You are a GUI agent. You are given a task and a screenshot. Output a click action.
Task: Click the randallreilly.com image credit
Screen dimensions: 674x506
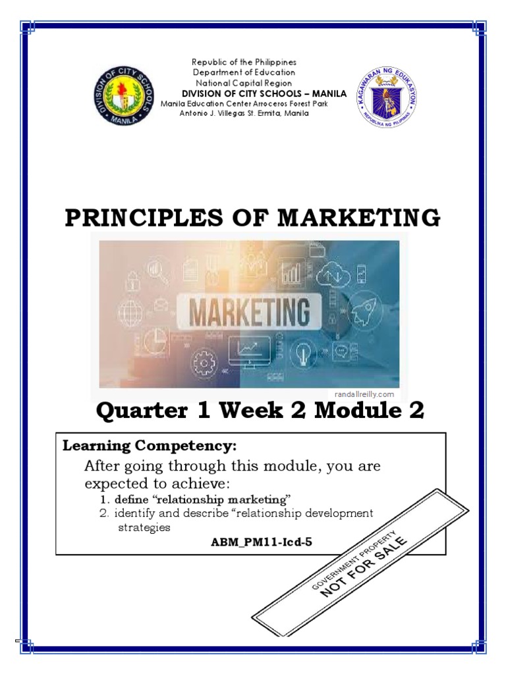coord(364,394)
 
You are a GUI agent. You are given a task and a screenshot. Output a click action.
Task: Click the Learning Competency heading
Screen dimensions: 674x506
coord(149,446)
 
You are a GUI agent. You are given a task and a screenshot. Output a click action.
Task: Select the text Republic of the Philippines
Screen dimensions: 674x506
coord(244,62)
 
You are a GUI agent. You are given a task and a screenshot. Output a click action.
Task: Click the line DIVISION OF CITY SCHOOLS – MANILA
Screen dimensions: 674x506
coord(264,93)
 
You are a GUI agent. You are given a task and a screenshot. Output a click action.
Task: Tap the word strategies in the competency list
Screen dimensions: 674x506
coord(144,527)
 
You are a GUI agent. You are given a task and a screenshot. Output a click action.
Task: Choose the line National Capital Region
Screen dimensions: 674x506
coord(244,83)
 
